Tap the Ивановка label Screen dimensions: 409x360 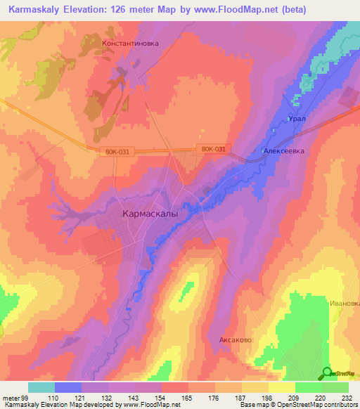pos(345,304)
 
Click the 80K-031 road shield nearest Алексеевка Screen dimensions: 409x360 pos(213,149)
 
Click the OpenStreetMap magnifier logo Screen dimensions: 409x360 pos(327,373)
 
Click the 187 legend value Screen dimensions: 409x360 pos(240,398)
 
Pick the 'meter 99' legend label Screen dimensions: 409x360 pos(15,398)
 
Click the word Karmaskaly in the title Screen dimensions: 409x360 pos(37,9)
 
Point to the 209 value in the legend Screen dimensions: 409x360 pos(293,398)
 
